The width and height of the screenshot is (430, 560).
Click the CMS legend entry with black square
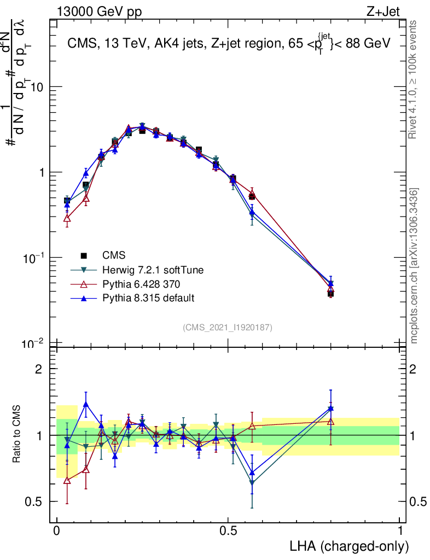[113, 255]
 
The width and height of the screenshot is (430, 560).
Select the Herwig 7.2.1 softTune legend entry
[148, 270]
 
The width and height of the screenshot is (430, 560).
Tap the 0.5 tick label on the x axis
[228, 531]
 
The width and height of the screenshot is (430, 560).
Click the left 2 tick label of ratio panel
[39, 369]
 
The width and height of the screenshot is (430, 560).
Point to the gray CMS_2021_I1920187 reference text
[228, 327]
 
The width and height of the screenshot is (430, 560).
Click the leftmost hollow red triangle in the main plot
[67, 218]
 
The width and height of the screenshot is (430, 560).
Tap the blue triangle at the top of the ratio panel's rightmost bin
[330, 408]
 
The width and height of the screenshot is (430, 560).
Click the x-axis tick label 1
[400, 531]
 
